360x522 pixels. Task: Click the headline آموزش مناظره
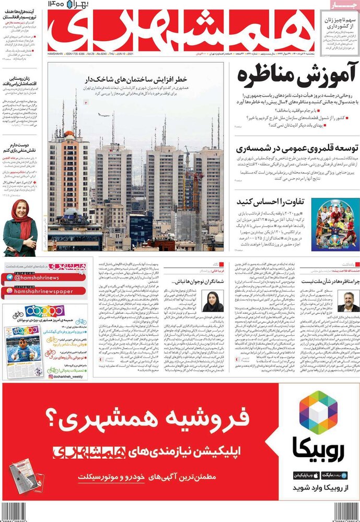[282, 76]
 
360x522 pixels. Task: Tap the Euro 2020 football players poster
[334, 224]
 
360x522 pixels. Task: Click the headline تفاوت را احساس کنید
[271, 202]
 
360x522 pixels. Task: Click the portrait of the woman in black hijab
[213, 301]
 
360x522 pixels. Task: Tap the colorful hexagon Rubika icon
[318, 413]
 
